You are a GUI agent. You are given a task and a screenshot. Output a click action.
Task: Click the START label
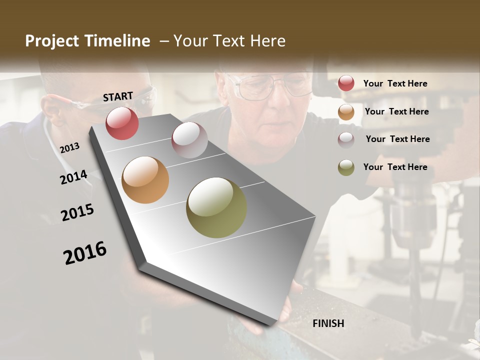(x=118, y=96)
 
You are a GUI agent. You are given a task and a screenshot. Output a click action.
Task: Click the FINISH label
(x=328, y=323)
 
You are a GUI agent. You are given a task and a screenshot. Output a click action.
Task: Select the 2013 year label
(x=69, y=147)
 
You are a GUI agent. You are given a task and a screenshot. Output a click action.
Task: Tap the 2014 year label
(x=73, y=177)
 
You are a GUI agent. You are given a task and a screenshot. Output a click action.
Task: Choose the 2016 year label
(x=85, y=253)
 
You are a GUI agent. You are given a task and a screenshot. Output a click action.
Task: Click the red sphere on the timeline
(x=122, y=123)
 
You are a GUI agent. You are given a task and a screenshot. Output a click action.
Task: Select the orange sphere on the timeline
(x=145, y=180)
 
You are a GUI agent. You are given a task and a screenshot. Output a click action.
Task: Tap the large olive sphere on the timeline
(x=216, y=207)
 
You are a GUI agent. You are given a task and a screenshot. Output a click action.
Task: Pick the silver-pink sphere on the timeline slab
(x=189, y=140)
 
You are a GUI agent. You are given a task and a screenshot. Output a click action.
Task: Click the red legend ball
(x=346, y=83)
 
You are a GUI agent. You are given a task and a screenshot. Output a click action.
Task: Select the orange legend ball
(x=346, y=112)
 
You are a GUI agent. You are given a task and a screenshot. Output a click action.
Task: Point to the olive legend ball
(x=346, y=167)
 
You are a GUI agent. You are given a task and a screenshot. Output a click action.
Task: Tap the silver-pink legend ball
(x=346, y=139)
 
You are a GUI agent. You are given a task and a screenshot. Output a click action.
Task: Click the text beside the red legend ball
(x=395, y=83)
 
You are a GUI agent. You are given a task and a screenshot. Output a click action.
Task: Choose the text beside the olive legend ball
(x=395, y=167)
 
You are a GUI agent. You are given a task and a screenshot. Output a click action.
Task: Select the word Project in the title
(x=52, y=41)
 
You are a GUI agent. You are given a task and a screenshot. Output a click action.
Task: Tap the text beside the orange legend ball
(x=396, y=111)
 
